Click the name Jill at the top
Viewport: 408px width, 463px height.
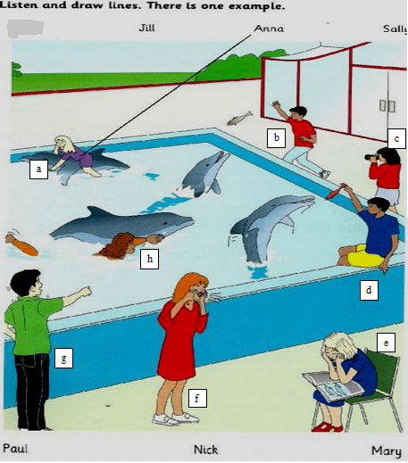146,29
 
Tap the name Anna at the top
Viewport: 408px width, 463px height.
269,29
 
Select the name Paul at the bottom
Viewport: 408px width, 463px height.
15,449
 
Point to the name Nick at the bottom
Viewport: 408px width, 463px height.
205,450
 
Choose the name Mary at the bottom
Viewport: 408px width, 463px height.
387,451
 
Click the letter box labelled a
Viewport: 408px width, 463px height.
38,169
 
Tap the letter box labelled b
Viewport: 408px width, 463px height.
276,138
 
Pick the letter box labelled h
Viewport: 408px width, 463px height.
149,259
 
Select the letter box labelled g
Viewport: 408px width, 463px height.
63,358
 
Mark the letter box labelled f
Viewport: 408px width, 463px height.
197,398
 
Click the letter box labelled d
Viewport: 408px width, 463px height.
369,290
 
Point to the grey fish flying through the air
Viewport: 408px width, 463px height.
240,118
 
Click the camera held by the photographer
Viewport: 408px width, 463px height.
371,157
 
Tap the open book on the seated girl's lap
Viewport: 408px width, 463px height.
333,386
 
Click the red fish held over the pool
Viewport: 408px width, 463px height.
336,192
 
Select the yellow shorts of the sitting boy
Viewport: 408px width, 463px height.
365,256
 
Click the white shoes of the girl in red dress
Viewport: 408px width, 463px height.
176,418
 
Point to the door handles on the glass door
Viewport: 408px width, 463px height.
387,106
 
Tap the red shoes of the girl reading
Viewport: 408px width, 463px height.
327,427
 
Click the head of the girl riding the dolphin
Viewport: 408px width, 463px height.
63,145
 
